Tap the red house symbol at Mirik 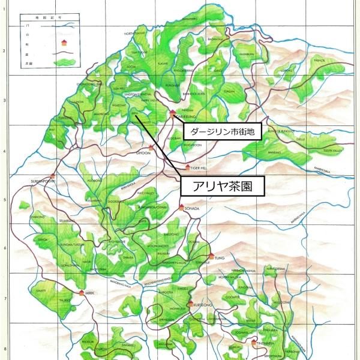coord(82,292)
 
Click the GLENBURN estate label coord(247,53)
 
